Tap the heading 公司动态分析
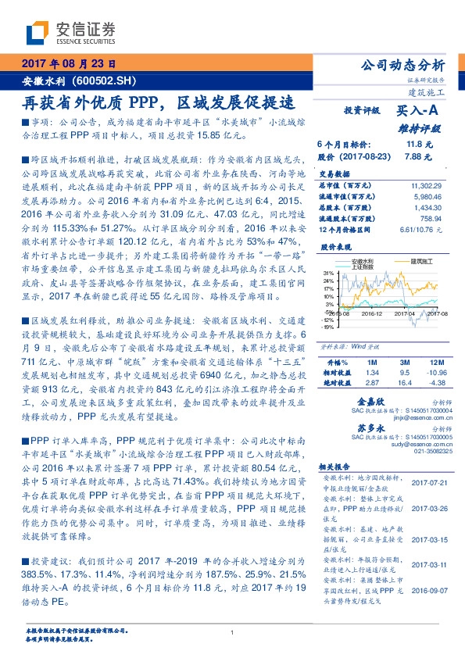point(402,65)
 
